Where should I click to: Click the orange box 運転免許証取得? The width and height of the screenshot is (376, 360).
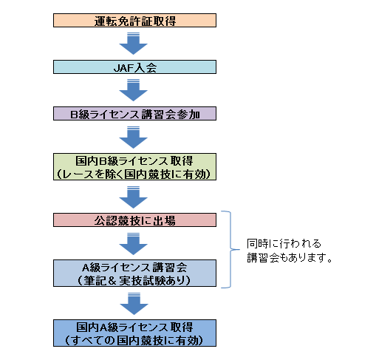coord(134,21)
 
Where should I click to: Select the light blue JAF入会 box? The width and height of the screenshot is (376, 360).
coord(134,67)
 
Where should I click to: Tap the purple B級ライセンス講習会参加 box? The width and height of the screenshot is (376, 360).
coord(134,114)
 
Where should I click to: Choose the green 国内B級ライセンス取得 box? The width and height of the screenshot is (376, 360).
coord(134,167)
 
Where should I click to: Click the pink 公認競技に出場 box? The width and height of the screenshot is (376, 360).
coord(134,220)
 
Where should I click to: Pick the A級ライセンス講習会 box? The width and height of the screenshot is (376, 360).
coord(134,273)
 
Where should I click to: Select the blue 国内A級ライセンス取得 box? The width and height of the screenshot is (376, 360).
coord(134,333)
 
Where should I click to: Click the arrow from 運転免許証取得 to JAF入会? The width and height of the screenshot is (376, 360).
coord(134,44)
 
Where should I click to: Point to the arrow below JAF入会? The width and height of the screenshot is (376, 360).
coord(134,90)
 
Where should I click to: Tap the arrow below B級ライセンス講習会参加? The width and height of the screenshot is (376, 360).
coord(134,137)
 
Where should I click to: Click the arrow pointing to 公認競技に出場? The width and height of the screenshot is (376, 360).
coord(134,197)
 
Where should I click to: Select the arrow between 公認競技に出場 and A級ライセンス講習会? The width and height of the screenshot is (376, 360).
coord(134,244)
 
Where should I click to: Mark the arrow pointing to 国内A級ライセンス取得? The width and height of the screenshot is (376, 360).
coord(134,304)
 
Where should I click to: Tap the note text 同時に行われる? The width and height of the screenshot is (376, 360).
coord(284,244)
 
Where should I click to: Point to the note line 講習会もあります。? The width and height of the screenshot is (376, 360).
coord(290,258)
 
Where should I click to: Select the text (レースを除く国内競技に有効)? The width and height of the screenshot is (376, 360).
coord(134,174)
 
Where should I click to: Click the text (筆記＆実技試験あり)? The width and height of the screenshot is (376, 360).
coord(134,280)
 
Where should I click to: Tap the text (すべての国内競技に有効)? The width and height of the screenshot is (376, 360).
coord(134,340)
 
